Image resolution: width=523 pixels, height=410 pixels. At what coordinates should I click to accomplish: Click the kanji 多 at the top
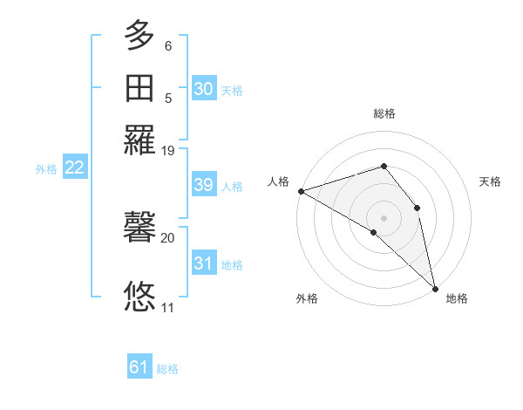[139, 37]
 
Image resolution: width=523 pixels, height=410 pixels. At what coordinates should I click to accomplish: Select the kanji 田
[139, 88]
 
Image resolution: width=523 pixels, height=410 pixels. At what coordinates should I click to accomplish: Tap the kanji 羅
[139, 140]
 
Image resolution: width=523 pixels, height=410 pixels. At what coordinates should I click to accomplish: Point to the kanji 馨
[139, 229]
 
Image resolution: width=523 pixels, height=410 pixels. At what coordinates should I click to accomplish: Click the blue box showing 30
[203, 89]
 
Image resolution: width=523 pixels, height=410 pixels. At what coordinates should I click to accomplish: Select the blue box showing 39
[203, 185]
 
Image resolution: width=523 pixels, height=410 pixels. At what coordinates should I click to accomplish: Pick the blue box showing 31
[203, 263]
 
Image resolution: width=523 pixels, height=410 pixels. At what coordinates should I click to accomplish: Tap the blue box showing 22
[74, 167]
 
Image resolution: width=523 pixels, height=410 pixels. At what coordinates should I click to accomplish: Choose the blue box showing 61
[139, 367]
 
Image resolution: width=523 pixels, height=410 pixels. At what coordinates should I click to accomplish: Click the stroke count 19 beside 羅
[167, 151]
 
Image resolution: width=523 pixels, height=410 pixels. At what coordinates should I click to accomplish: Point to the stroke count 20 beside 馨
[167, 237]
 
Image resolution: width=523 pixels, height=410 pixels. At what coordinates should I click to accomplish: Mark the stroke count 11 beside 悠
[167, 307]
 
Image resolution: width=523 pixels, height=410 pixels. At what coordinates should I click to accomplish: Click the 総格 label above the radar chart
[384, 113]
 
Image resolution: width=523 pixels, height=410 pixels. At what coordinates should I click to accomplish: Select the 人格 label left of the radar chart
[279, 181]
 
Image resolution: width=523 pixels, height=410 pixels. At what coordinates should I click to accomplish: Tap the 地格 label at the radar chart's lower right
[457, 298]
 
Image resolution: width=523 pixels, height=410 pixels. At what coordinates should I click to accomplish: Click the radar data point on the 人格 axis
[301, 190]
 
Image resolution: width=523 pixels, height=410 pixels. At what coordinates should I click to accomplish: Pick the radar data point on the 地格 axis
[435, 287]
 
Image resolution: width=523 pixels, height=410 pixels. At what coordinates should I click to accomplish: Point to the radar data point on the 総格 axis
[384, 166]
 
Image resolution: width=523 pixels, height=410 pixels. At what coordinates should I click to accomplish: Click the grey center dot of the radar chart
[384, 217]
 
